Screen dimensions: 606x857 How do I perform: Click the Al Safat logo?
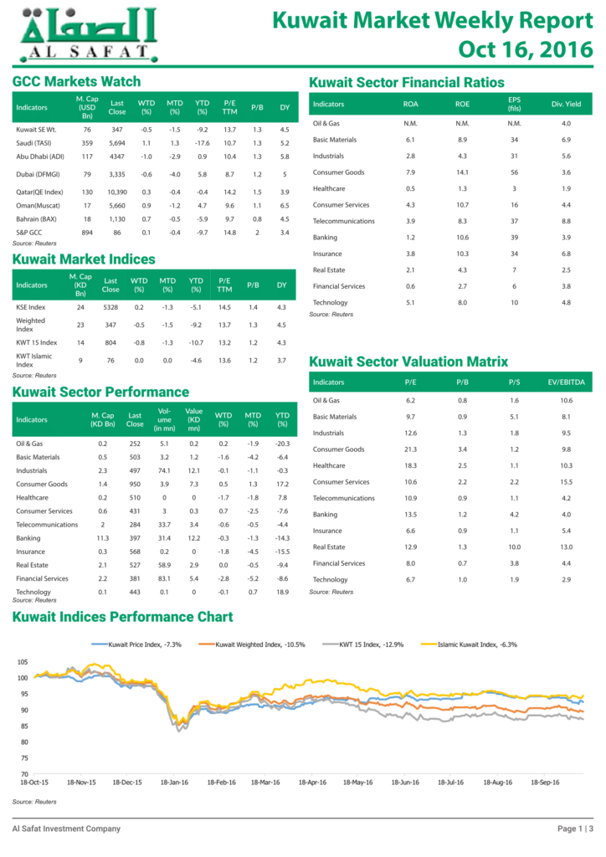click(x=89, y=35)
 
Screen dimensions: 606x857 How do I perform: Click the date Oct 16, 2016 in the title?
click(x=525, y=49)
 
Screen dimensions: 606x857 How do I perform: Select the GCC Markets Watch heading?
click(x=76, y=81)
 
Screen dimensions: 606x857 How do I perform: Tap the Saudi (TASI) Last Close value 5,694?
click(x=117, y=143)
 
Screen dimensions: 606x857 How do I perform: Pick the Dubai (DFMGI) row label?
click(x=38, y=174)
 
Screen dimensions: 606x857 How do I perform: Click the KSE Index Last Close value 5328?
click(x=110, y=307)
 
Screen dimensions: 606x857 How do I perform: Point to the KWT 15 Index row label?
click(x=37, y=342)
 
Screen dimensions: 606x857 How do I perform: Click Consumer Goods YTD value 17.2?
click(x=282, y=485)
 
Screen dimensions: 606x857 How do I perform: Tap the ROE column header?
click(x=462, y=104)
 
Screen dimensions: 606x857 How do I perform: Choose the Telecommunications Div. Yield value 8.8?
click(x=566, y=221)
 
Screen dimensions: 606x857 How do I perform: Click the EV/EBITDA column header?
click(x=566, y=382)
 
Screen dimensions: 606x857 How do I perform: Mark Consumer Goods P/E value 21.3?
click(x=410, y=449)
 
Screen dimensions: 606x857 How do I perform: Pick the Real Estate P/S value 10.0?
click(x=514, y=547)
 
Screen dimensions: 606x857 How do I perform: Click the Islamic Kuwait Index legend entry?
click(x=469, y=644)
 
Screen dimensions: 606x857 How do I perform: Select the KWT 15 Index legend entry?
click(x=362, y=644)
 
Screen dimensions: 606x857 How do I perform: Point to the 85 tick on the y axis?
click(x=23, y=726)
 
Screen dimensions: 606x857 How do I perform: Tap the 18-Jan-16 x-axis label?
click(x=174, y=783)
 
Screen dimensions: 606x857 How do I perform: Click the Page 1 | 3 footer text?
click(x=575, y=829)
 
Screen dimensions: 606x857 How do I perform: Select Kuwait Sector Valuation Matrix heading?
click(x=408, y=362)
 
